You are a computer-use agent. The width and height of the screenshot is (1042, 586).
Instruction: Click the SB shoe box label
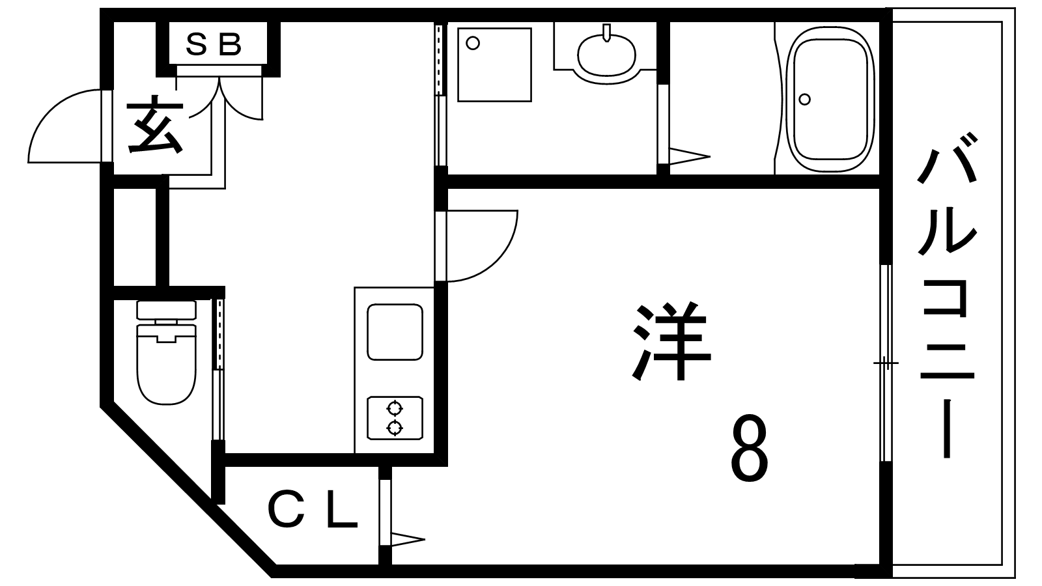(214, 45)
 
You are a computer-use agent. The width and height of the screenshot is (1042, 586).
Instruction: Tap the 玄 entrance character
(155, 124)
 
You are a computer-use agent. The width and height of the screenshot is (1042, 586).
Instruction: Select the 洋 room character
(671, 341)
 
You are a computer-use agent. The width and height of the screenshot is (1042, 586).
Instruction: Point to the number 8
(748, 449)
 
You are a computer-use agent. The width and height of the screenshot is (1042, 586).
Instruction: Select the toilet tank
(167, 310)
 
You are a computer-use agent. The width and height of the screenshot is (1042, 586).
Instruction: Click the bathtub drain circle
(804, 99)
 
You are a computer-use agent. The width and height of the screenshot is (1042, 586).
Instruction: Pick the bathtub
(830, 98)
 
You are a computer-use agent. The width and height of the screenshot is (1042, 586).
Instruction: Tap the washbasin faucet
(606, 33)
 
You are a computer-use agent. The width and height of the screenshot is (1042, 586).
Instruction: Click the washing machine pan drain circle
(473, 44)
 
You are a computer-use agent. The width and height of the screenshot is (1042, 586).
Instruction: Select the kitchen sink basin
(395, 332)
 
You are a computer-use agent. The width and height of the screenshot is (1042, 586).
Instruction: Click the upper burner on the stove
(395, 409)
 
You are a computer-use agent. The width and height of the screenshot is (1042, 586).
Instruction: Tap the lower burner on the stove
(395, 427)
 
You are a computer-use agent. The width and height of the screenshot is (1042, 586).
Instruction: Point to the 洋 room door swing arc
(496, 261)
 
